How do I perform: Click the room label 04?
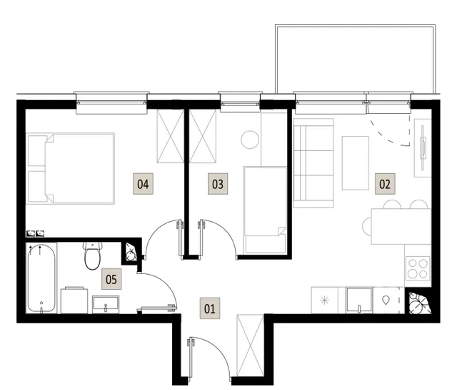(x=143, y=184)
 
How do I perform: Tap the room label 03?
(x=218, y=184)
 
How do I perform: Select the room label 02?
(x=385, y=184)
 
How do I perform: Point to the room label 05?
(x=111, y=279)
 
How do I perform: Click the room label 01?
(x=210, y=308)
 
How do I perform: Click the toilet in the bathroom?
(x=93, y=255)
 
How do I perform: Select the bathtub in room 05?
(x=41, y=278)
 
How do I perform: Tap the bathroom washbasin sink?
(x=106, y=304)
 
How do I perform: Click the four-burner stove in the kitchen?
(x=418, y=268)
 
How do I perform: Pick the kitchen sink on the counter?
(x=359, y=300)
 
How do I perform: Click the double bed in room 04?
(x=71, y=168)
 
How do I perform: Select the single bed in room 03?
(x=265, y=210)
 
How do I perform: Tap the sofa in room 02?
(x=313, y=163)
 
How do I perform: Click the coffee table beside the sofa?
(x=356, y=162)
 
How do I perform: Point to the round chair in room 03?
(x=250, y=140)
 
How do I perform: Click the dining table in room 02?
(x=401, y=226)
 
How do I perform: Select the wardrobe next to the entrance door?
(x=251, y=346)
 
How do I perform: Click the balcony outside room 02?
(x=356, y=59)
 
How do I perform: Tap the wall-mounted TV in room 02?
(x=423, y=147)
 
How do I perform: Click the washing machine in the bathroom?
(x=74, y=301)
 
